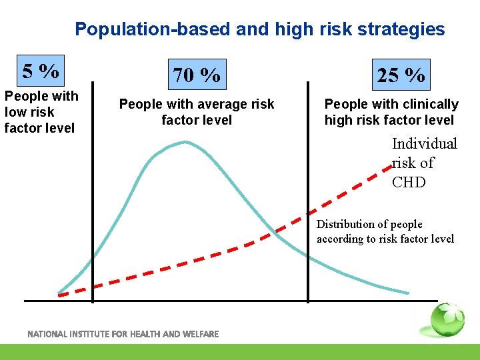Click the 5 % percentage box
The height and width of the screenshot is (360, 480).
coord(41,70)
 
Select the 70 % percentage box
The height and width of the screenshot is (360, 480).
coord(197,75)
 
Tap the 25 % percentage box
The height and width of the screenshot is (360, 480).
coord(401,75)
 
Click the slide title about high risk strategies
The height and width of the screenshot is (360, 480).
coord(259,29)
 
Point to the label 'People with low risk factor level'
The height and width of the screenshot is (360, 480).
coord(41,112)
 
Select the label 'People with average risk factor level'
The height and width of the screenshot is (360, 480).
coord(197,112)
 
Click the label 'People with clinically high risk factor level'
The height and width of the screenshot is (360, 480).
coord(391,112)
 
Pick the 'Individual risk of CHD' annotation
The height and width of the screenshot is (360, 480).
coord(424,163)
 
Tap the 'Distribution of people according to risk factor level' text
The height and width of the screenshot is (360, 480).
coord(385,231)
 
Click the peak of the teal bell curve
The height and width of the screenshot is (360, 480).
coord(186,141)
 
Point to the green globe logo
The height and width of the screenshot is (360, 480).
coord(446,321)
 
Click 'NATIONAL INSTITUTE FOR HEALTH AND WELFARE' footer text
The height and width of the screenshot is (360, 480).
coord(123,334)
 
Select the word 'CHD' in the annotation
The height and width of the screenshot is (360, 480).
coord(409,182)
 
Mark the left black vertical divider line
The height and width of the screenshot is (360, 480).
coord(92,193)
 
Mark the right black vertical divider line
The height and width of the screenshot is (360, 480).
coord(307,193)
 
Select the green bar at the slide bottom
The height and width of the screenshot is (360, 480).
coord(240,352)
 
